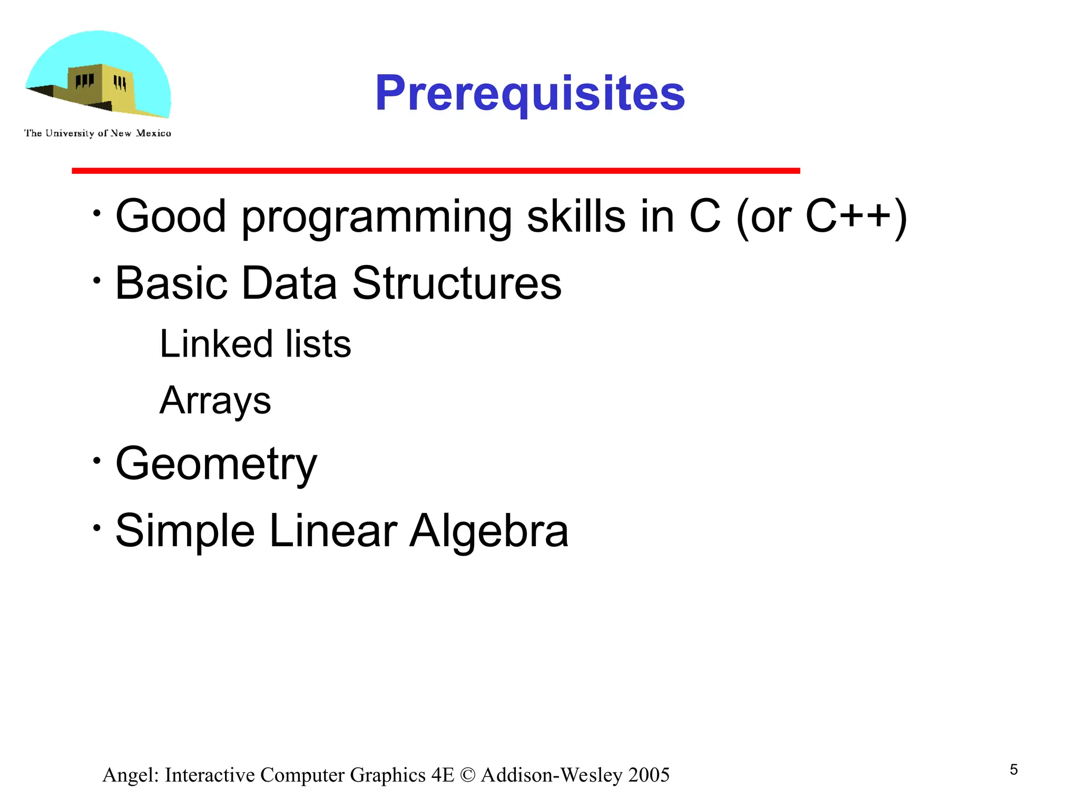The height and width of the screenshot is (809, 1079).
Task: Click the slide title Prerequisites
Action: coord(529,93)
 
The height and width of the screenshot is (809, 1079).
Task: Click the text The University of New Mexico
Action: coord(97,133)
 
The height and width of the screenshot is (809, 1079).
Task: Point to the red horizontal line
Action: coord(436,171)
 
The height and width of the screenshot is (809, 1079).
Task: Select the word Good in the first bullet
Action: coord(171,216)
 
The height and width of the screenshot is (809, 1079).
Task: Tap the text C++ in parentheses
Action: coord(848,216)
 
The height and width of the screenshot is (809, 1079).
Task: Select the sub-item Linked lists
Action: coord(255,344)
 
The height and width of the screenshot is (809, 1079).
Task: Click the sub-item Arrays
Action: coord(215,401)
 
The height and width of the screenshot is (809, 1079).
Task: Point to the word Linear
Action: coord(333,531)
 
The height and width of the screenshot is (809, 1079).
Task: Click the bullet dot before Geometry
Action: coord(96,461)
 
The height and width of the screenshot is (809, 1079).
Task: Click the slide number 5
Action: coord(1014,770)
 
